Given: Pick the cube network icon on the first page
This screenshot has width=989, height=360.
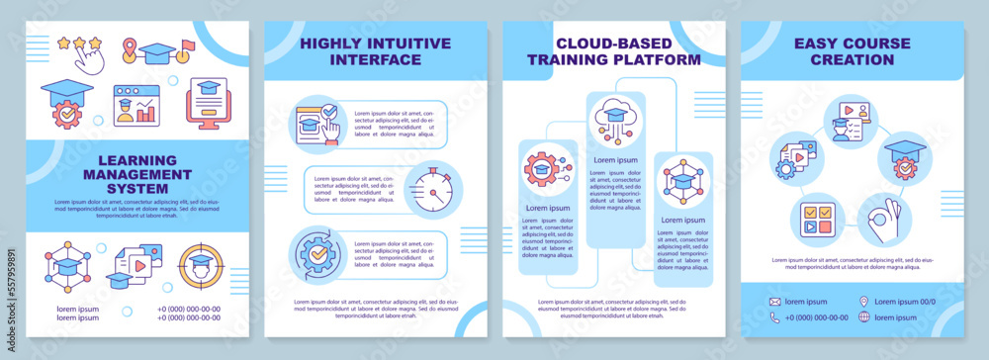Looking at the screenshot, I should pyautogui.click(x=66, y=267).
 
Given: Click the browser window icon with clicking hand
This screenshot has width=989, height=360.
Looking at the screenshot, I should pyautogui.click(x=316, y=127).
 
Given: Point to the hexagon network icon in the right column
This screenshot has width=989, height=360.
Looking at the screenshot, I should pyautogui.click(x=682, y=181).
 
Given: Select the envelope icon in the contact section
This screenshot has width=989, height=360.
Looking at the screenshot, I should pyautogui.click(x=774, y=302).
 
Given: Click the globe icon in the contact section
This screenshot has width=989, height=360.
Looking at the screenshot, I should pyautogui.click(x=863, y=317).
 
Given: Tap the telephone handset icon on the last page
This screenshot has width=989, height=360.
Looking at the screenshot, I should pyautogui.click(x=774, y=317).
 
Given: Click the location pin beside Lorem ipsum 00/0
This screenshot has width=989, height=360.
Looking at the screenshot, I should pyautogui.click(x=863, y=302).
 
